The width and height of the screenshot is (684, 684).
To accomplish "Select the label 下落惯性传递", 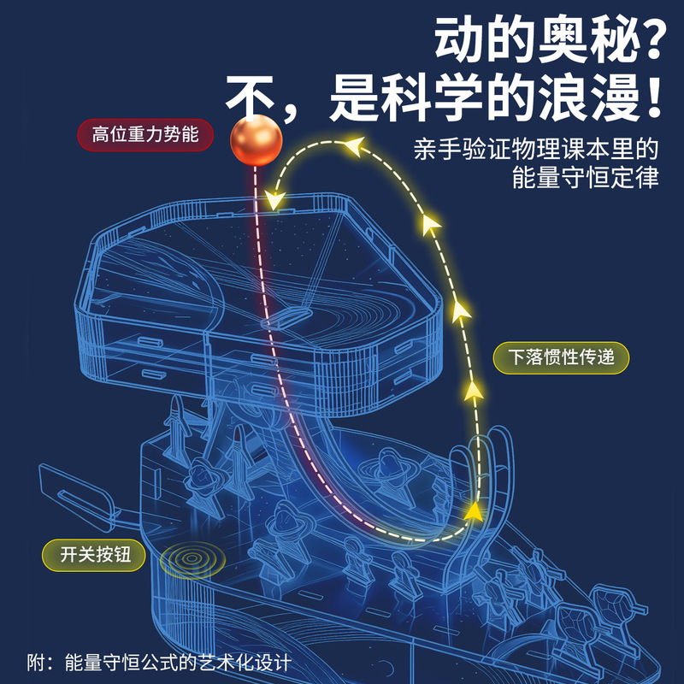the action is [x=562, y=357].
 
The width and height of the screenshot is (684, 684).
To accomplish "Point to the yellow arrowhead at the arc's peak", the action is [x=350, y=147].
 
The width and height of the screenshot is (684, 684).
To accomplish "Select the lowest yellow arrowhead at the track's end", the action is [x=472, y=510].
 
